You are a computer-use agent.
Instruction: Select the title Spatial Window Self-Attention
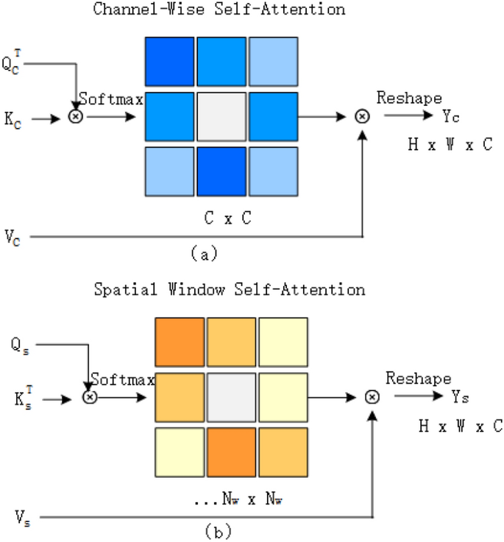[229, 290]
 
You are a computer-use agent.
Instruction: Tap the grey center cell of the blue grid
[221, 117]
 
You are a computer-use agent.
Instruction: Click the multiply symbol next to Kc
[75, 116]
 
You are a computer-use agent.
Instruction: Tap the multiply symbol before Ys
[372, 397]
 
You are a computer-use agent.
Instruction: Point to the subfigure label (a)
[204, 254]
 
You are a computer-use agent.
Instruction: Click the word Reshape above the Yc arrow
[409, 99]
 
